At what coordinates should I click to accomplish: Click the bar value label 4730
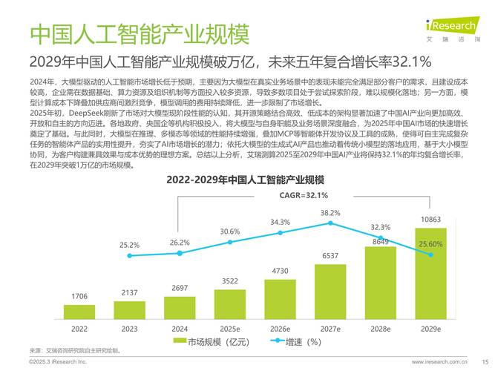pos(280,271)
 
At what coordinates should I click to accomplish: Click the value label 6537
pos(330,255)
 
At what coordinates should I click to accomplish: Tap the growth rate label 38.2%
pos(330,213)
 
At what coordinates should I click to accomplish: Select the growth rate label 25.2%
pos(129,244)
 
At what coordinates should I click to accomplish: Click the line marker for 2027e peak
pos(330,223)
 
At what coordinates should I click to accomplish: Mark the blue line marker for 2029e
pos(430,254)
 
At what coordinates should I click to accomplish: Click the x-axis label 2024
pos(180,329)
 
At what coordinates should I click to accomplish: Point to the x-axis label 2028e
pos(380,329)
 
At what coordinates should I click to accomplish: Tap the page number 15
pos(485,361)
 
